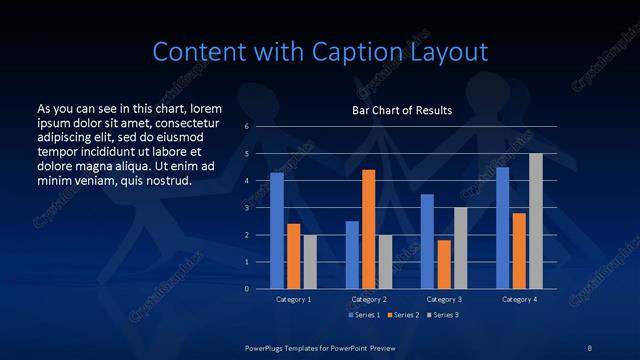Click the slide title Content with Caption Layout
click(x=319, y=52)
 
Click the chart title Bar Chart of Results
click(x=402, y=110)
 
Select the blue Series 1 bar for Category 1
click(x=277, y=231)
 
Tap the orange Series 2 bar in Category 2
click(x=368, y=229)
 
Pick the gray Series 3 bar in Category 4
click(x=536, y=221)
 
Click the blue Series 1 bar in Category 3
click(x=427, y=241)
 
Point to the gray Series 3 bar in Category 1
click(x=310, y=262)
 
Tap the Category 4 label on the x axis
click(x=519, y=299)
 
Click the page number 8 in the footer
click(x=590, y=346)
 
